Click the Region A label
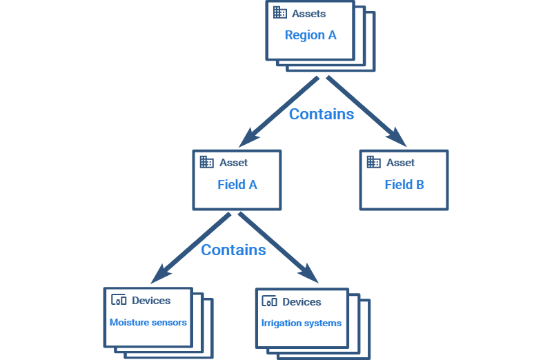(310, 35)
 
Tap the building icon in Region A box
(279, 13)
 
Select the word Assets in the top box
(308, 14)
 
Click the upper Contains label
(321, 114)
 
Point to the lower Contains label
(233, 250)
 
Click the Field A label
(237, 185)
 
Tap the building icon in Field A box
(206, 163)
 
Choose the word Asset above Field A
(233, 163)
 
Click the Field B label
(404, 185)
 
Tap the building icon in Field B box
(373, 163)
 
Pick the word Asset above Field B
(400, 163)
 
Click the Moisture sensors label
(148, 322)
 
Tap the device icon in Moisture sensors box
(119, 301)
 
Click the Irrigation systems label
(301, 323)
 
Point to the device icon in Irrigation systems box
(270, 301)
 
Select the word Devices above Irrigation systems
(302, 302)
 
